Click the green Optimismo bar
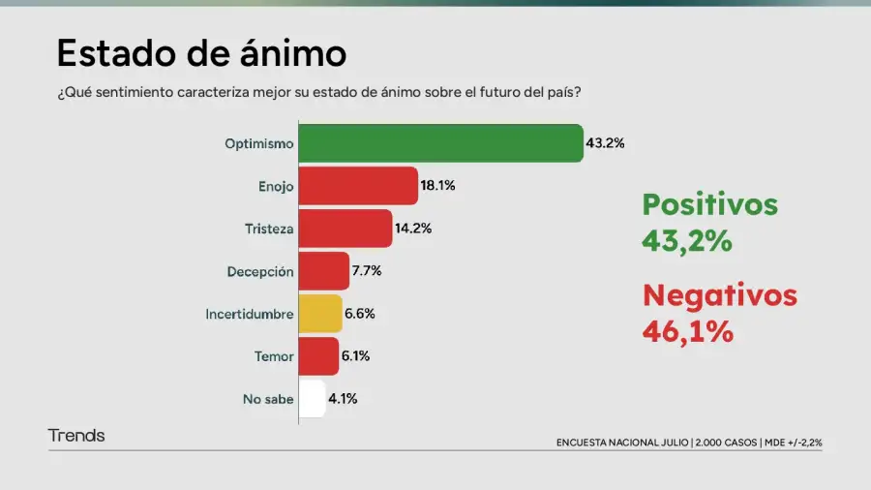(x=440, y=143)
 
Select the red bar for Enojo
(x=358, y=186)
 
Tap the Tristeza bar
(x=345, y=229)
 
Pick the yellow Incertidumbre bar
(x=320, y=314)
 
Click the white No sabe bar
(x=313, y=398)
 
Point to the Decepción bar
(x=324, y=271)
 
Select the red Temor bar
(x=318, y=356)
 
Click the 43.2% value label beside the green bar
(x=605, y=143)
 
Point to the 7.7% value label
(x=367, y=271)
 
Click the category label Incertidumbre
(x=249, y=314)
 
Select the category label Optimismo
(x=258, y=143)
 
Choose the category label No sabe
(x=268, y=398)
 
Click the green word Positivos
(x=710, y=204)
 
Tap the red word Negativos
(x=720, y=294)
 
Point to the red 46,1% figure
(x=687, y=331)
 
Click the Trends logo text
(x=76, y=436)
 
